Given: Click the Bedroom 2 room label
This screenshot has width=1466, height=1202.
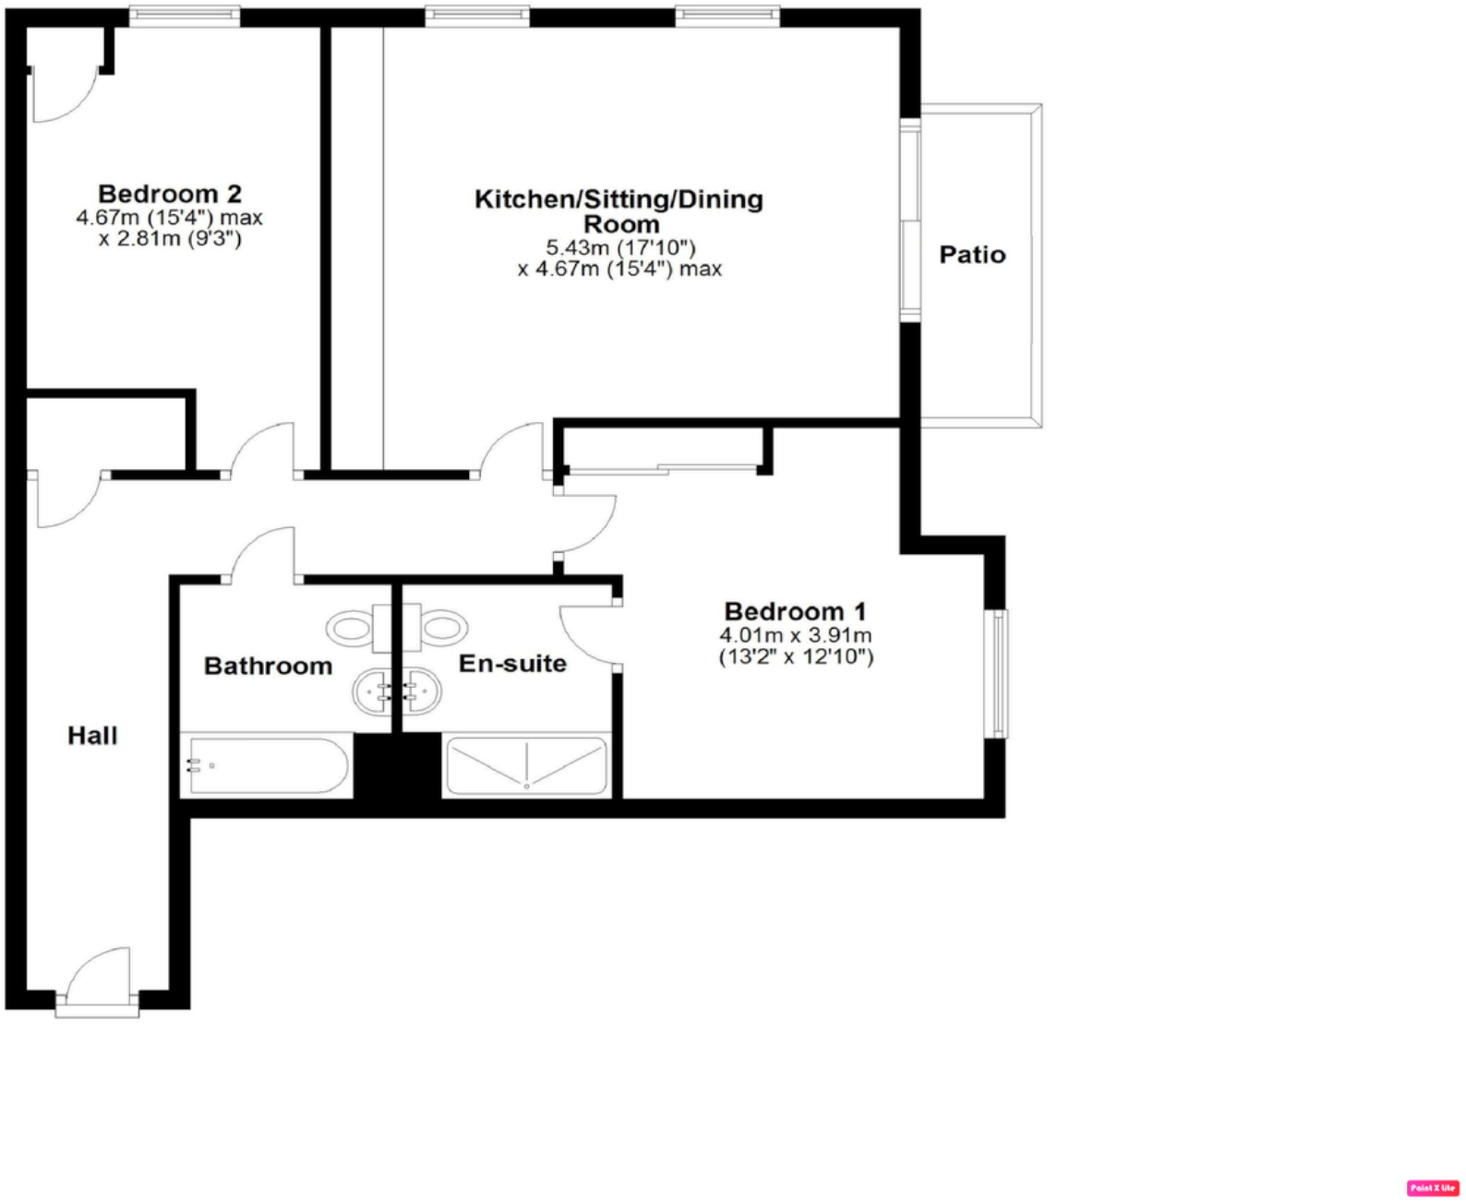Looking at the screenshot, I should [170, 194].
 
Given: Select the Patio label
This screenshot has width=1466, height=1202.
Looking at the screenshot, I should [972, 255].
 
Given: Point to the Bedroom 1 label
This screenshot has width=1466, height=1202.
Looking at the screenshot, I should [795, 611].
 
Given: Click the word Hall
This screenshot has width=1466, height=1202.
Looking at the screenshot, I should [92, 736].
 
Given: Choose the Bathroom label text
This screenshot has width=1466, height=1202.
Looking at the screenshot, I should [268, 666].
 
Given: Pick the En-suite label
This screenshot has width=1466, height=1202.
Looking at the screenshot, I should [512, 663].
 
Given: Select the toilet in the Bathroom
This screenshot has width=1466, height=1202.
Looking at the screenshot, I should [355, 629].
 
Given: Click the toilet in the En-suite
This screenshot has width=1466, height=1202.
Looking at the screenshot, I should [439, 629].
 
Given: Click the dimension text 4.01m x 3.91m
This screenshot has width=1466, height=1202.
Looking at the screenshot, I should [795, 635].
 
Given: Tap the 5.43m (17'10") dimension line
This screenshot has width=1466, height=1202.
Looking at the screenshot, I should [619, 247].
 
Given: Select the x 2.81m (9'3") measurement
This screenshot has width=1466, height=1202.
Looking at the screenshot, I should [170, 239].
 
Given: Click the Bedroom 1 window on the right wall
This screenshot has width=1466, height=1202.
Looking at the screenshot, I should [998, 674].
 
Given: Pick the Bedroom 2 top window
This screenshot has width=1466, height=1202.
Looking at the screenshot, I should [185, 16].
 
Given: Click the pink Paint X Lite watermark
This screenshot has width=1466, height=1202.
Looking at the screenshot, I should [1433, 1188].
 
